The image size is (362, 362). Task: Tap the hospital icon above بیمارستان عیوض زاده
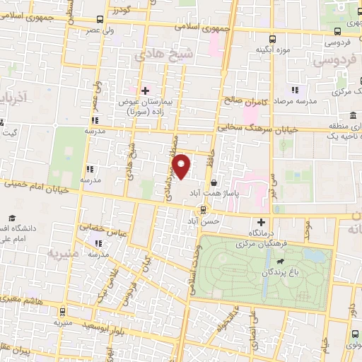[146, 90]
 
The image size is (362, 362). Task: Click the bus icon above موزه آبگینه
[274, 40]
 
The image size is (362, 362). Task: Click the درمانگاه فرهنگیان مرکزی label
[259, 237]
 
